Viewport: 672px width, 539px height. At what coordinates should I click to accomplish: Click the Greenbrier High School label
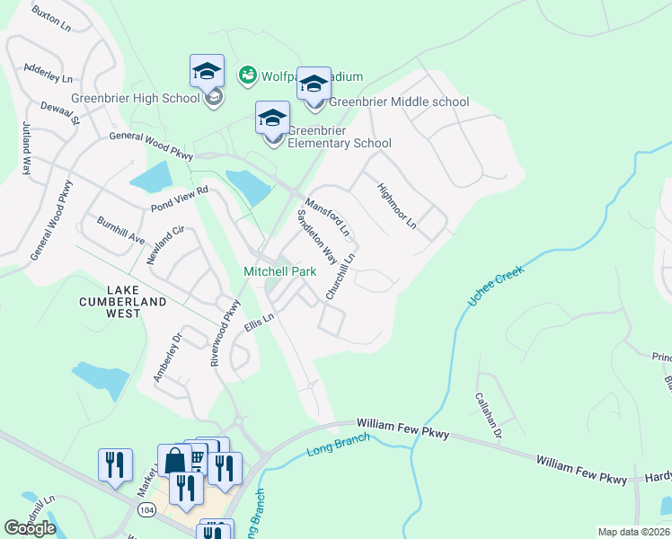[135, 98]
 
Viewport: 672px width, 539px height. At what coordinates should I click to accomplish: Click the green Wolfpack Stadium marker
[246, 75]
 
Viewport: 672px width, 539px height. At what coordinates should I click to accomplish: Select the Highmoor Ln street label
[397, 207]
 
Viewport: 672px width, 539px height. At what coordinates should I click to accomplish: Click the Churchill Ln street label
[341, 276]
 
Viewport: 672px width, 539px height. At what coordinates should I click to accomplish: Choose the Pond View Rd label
[180, 199]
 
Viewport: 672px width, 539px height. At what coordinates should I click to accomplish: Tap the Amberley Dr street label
[167, 358]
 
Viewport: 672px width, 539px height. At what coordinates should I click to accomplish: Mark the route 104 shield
[146, 508]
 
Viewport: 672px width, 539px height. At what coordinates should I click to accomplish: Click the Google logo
[30, 528]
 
